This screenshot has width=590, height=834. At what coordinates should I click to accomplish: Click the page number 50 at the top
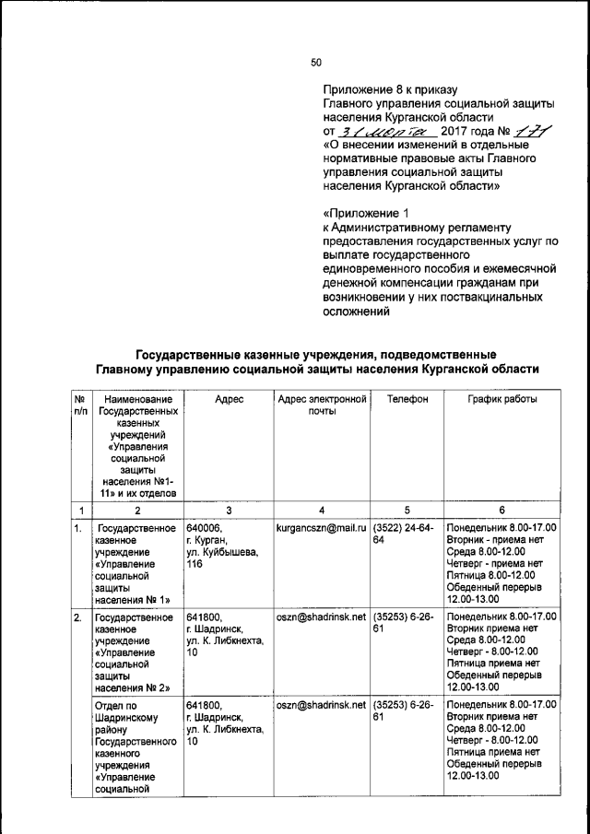point(316,62)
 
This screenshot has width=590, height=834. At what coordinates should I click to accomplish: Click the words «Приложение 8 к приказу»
point(390,89)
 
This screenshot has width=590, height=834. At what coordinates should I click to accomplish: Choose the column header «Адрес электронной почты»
point(322,405)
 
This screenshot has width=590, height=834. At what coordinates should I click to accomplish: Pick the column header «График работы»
point(501,399)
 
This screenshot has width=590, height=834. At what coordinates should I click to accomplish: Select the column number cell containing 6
point(501,511)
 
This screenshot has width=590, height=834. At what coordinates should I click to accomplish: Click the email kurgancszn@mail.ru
point(322,529)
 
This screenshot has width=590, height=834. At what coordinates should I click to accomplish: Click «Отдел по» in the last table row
point(116,705)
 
